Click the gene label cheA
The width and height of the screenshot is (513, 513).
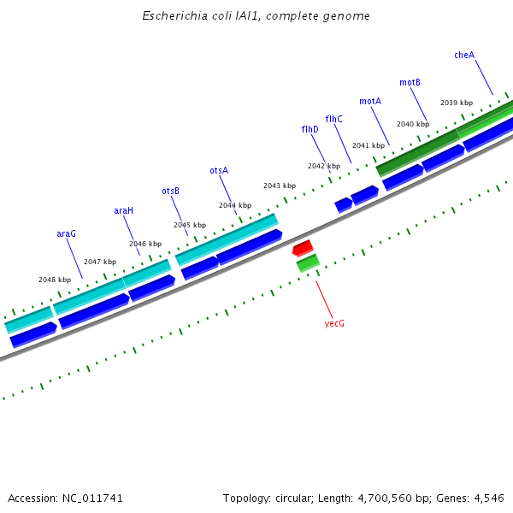click(464, 55)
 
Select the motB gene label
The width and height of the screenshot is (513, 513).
click(410, 82)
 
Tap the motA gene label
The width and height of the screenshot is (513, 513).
click(370, 101)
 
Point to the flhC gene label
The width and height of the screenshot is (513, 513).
click(333, 119)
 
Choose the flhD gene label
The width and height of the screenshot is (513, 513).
click(310, 129)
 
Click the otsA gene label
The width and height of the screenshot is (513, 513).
click(219, 170)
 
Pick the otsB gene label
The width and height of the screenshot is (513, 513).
click(170, 191)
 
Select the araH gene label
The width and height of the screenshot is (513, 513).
click(124, 210)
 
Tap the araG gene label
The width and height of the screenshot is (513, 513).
click(66, 233)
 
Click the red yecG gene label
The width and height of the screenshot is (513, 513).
click(333, 324)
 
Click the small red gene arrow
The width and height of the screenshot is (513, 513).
click(303, 248)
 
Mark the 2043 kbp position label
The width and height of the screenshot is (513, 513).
click(280, 186)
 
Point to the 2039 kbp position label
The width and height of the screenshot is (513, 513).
click(457, 103)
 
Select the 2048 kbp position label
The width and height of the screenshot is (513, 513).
click(55, 280)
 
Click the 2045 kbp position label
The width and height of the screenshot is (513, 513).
click(190, 225)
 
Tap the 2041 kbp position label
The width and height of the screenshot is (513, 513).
click(369, 145)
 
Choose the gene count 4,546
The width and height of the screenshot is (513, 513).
click(488, 498)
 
